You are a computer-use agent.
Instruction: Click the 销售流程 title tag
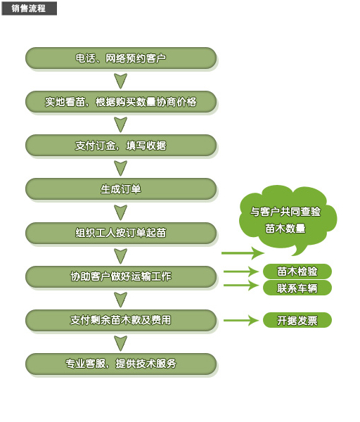pyautogui.click(x=29, y=8)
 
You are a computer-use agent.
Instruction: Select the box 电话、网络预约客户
pyautogui.click(x=121, y=58)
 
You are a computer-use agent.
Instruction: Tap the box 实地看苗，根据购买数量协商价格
pyautogui.click(x=121, y=102)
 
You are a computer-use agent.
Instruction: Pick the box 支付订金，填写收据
pyautogui.click(x=121, y=146)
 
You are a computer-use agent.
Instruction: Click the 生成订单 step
pyautogui.click(x=121, y=189)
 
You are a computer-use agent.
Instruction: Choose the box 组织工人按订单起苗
pyautogui.click(x=121, y=233)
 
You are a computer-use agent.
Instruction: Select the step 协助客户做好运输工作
pyautogui.click(x=121, y=276)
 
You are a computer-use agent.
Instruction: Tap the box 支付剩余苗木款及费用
pyautogui.click(x=121, y=320)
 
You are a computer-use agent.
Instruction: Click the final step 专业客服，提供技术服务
pyautogui.click(x=121, y=364)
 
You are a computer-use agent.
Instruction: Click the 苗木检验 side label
pyautogui.click(x=297, y=271)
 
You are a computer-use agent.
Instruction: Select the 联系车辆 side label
pyautogui.click(x=297, y=288)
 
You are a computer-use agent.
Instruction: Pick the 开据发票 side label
pyautogui.click(x=297, y=320)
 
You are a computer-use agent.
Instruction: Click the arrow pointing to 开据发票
pyautogui.click(x=241, y=320)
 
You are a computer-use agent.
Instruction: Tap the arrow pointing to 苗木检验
pyautogui.click(x=241, y=271)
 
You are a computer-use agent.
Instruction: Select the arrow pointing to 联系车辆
pyautogui.click(x=241, y=286)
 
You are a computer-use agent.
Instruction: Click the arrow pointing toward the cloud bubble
pyautogui.click(x=243, y=253)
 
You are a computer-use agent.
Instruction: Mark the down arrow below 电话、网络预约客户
pyautogui.click(x=121, y=81)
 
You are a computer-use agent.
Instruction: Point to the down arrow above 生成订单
pyautogui.click(x=121, y=168)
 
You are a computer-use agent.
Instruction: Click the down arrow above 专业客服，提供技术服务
pyautogui.click(x=121, y=343)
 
